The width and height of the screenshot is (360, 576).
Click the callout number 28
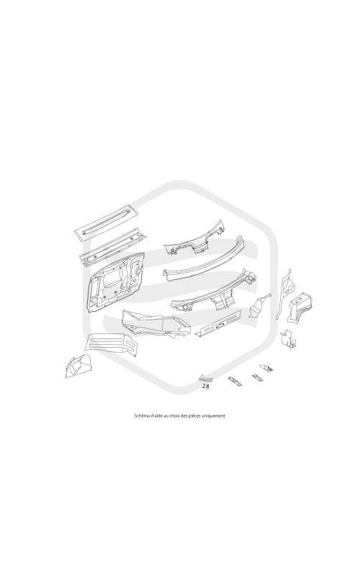[206, 386]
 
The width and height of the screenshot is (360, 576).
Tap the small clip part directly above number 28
[205, 379]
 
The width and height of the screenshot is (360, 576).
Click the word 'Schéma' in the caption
[140, 416]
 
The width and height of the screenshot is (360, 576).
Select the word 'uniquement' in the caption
[215, 416]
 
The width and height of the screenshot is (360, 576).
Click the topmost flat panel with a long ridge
[106, 221]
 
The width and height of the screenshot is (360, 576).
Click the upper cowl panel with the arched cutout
[194, 239]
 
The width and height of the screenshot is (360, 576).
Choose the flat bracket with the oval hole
[218, 323]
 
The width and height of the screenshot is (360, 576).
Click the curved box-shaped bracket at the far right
[302, 307]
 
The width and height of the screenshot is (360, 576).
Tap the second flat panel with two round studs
[113, 246]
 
